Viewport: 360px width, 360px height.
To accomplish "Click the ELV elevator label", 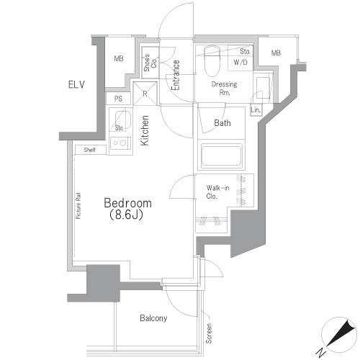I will (x=76, y=84).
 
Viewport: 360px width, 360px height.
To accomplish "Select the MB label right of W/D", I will (x=276, y=53).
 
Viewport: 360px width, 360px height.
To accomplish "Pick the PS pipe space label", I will (x=117, y=99).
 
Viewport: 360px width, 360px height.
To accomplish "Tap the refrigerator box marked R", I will (x=145, y=93).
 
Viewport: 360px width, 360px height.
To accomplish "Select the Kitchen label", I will (x=145, y=132).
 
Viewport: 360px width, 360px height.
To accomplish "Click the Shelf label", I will (x=90, y=150).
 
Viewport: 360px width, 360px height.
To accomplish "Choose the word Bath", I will (x=222, y=123).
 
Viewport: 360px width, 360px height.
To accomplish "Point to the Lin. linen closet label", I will (x=256, y=109).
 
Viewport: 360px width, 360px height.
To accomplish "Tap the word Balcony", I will (x=153, y=318).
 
